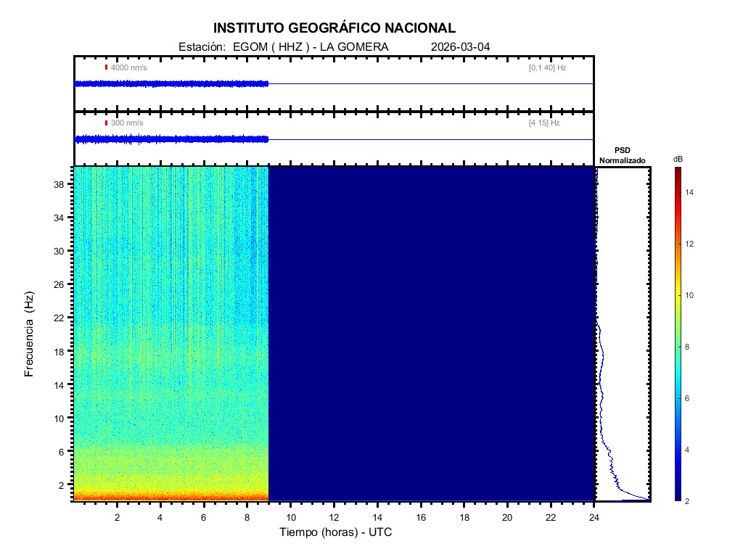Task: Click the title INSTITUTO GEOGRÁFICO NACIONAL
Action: pos(334,28)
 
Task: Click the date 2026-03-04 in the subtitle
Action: pos(460,47)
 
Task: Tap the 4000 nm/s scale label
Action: pos(128,67)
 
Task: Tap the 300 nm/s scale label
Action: pos(127,123)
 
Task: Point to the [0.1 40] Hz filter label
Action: pos(547,67)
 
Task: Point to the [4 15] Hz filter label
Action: pos(544,123)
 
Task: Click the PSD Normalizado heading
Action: pos(622,155)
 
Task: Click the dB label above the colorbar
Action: pos(678,159)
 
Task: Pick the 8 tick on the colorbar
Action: pos(689,347)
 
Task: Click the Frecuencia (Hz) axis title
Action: pos(30,334)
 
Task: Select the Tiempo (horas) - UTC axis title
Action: pos(336,532)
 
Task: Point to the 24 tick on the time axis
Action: pos(594,517)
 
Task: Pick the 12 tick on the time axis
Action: pos(334,517)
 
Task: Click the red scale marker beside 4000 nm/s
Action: pos(106,67)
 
